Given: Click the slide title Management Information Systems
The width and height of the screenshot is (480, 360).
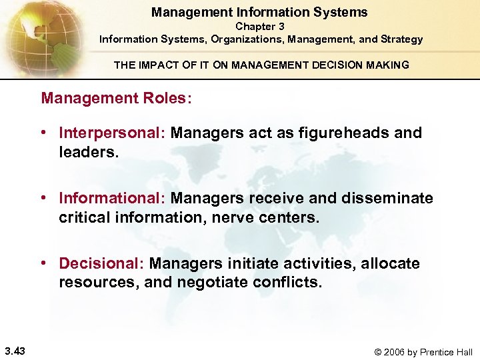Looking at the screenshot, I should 259,12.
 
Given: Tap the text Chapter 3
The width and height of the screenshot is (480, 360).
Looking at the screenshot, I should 259,27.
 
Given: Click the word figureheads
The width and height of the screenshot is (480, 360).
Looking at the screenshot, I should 340,133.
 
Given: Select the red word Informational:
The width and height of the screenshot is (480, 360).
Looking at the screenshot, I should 113,198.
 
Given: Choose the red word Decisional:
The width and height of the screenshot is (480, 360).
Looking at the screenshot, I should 102,263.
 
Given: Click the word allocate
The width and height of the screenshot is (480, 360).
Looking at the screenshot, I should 391,263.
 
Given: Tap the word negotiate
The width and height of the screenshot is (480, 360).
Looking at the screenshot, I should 212,283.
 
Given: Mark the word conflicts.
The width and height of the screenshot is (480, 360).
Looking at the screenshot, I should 287,283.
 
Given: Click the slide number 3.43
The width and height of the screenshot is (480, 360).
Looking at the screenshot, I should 15,351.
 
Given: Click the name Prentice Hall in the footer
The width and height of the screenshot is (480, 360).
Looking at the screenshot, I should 451,352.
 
